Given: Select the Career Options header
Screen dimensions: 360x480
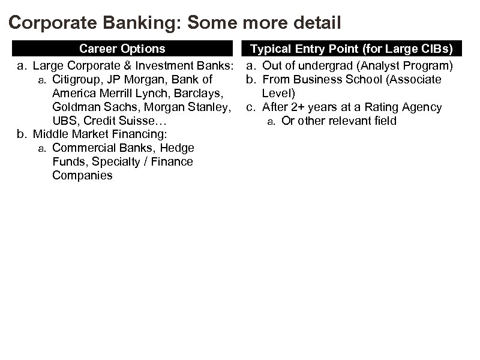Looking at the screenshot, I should [122, 48].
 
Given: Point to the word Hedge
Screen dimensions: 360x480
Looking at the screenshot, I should [178, 148].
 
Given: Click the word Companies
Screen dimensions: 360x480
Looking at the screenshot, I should [82, 175].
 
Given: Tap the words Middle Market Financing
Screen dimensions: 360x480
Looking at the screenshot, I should [100, 134].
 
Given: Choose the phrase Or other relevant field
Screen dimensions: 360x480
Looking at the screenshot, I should [339, 121].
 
